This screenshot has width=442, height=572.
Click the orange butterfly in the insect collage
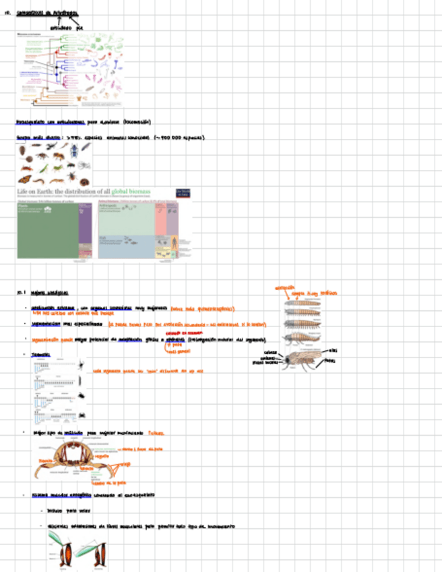click(x=24, y=179)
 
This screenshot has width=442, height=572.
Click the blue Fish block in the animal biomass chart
click(x=125, y=244)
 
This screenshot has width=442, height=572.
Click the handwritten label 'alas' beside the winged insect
click(x=334, y=351)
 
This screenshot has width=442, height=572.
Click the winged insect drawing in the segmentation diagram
click(x=303, y=358)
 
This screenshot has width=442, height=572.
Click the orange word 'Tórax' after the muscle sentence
click(x=156, y=433)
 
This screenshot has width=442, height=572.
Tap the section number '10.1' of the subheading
click(x=20, y=293)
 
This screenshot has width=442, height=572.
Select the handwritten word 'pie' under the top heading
click(x=80, y=28)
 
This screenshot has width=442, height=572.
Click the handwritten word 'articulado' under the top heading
click(x=59, y=28)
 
